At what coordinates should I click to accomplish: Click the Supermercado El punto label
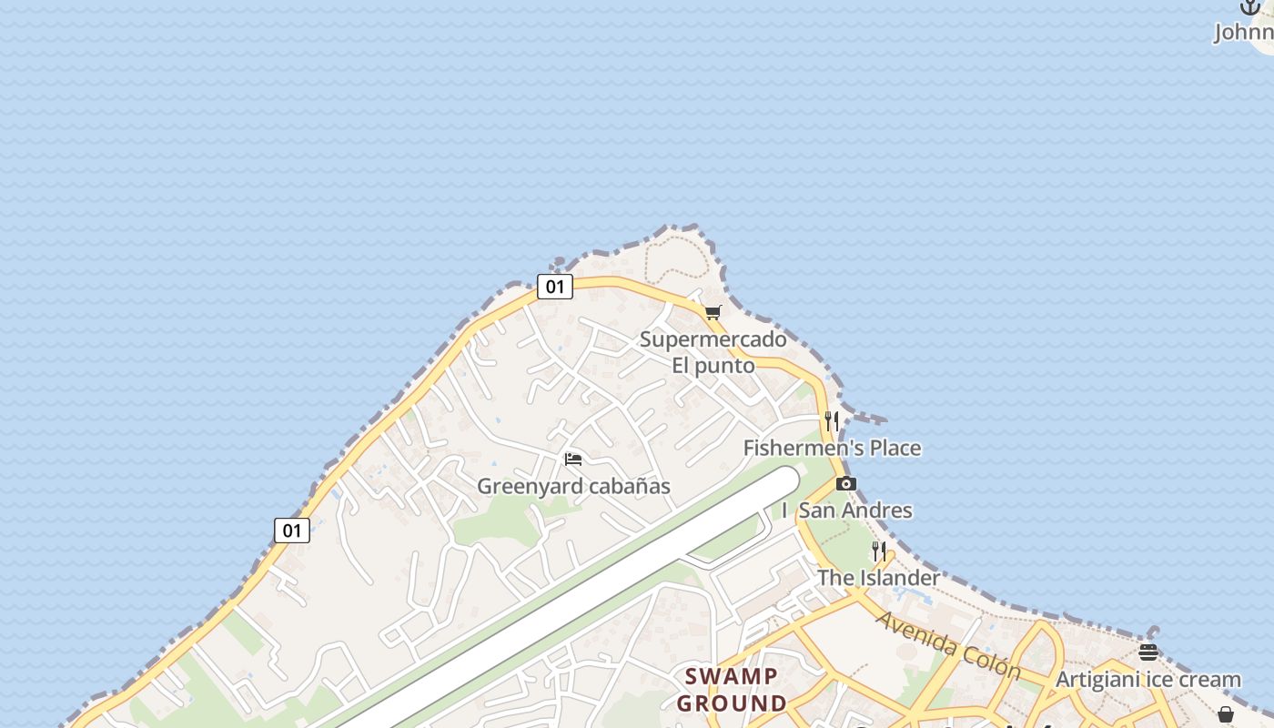click(x=713, y=352)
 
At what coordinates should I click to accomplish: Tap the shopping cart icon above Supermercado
click(x=713, y=313)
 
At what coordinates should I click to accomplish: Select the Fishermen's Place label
click(x=832, y=448)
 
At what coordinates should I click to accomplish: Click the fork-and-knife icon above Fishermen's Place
click(x=832, y=420)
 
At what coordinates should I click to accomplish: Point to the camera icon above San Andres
click(x=846, y=483)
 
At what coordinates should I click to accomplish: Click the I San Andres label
click(x=847, y=510)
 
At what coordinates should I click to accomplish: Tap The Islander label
click(x=878, y=578)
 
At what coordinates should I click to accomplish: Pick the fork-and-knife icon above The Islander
click(x=879, y=551)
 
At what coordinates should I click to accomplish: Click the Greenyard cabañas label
click(x=573, y=486)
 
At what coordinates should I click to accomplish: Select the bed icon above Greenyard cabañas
click(x=573, y=459)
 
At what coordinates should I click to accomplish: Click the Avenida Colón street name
click(x=948, y=645)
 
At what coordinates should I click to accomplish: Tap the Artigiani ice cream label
click(x=1148, y=680)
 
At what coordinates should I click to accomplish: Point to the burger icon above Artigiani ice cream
click(x=1148, y=652)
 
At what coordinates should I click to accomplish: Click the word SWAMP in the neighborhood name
click(x=732, y=676)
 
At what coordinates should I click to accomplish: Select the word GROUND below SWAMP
click(x=732, y=703)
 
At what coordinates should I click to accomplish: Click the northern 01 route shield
click(x=554, y=287)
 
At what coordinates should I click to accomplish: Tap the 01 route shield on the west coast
click(x=292, y=531)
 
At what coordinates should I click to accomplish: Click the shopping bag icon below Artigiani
click(x=1226, y=714)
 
